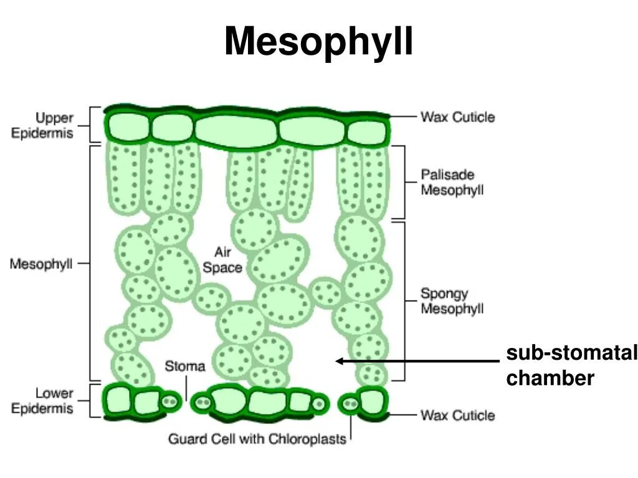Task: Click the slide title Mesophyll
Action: (x=318, y=42)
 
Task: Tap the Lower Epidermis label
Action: (x=45, y=401)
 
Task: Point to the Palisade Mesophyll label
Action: (x=452, y=182)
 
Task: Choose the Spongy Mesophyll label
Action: (x=452, y=301)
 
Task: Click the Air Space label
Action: (x=222, y=260)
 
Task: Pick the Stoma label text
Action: (x=184, y=366)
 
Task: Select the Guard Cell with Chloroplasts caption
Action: (x=257, y=439)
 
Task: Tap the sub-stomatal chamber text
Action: (x=571, y=365)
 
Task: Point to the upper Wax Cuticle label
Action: (x=457, y=116)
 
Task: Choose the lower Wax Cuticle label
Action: (x=457, y=415)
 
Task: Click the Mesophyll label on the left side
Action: (x=41, y=264)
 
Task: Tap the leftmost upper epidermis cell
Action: (x=128, y=127)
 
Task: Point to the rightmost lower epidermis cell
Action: (x=372, y=401)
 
